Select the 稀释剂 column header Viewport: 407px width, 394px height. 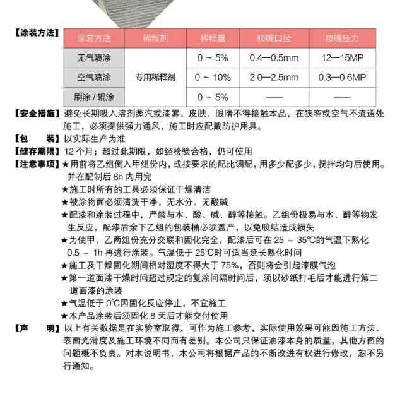pyautogui.click(x=155, y=39)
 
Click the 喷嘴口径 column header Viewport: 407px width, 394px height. pyautogui.click(x=274, y=39)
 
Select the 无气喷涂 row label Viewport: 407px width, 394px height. pyautogui.click(x=93, y=58)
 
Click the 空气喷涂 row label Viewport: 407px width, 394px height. pyautogui.click(x=93, y=78)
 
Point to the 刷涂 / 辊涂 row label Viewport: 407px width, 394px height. pyautogui.click(x=93, y=97)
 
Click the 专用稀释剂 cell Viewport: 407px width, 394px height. pyautogui.click(x=155, y=78)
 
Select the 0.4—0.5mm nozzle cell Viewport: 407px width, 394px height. pyautogui.click(x=274, y=58)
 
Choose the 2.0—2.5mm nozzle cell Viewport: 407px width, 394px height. pyautogui.click(x=274, y=78)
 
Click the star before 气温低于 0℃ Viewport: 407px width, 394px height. pyautogui.click(x=65, y=303)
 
